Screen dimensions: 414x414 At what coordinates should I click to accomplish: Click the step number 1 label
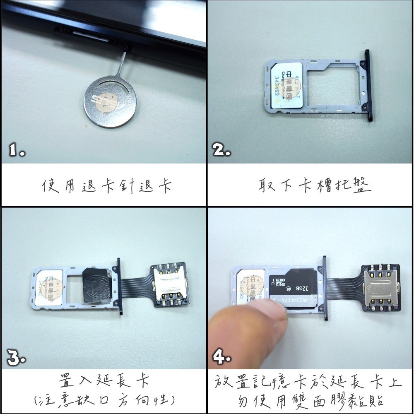click(x=17, y=150)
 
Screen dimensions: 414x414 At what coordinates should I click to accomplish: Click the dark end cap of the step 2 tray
click(x=367, y=85)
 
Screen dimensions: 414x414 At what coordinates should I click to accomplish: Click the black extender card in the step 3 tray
click(x=96, y=286)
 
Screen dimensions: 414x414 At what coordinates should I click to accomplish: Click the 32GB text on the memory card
click(x=301, y=286)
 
